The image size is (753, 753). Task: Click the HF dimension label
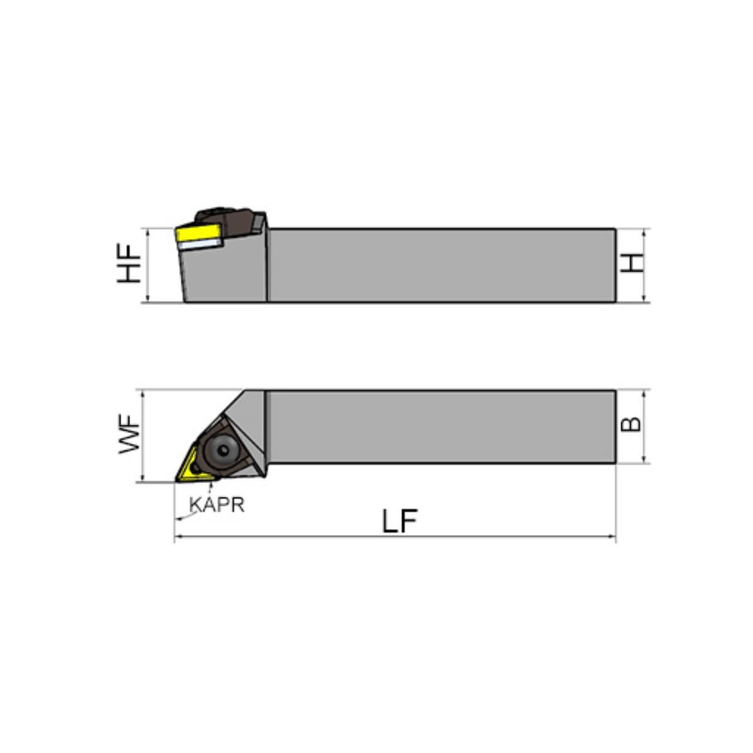[130, 264]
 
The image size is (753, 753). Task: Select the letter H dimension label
[635, 263]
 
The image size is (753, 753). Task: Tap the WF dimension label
[129, 436]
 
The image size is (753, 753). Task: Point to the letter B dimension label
[632, 425]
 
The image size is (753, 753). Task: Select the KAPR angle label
[217, 505]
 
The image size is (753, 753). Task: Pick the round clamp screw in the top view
[222, 449]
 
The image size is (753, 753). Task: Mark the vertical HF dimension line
[148, 265]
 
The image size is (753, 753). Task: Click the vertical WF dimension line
[144, 436]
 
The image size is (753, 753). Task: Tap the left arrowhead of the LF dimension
[178, 537]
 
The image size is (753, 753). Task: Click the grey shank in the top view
[439, 427]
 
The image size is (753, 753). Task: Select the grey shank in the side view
[439, 265]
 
